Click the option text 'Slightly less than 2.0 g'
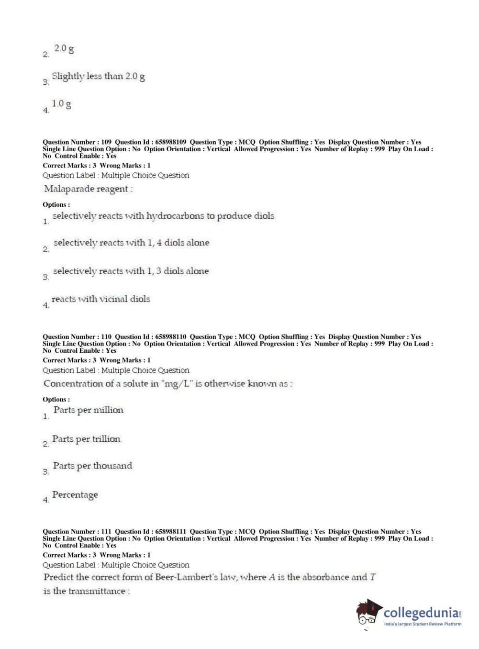click(x=98, y=77)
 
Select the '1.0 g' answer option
click(x=61, y=104)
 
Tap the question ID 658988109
click(x=171, y=142)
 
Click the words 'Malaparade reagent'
click(x=86, y=189)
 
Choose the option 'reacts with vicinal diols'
click(x=100, y=299)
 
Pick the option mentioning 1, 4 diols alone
click(x=131, y=243)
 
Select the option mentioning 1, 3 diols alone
click(x=131, y=271)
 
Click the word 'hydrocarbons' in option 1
click(x=175, y=216)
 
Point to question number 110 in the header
click(x=106, y=337)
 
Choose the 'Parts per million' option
click(x=88, y=410)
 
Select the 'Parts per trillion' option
click(x=86, y=439)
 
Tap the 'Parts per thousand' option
click(x=92, y=466)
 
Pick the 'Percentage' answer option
click(x=75, y=495)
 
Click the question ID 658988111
click(x=171, y=532)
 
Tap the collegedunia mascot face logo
click(x=369, y=613)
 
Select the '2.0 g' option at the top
click(x=64, y=49)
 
